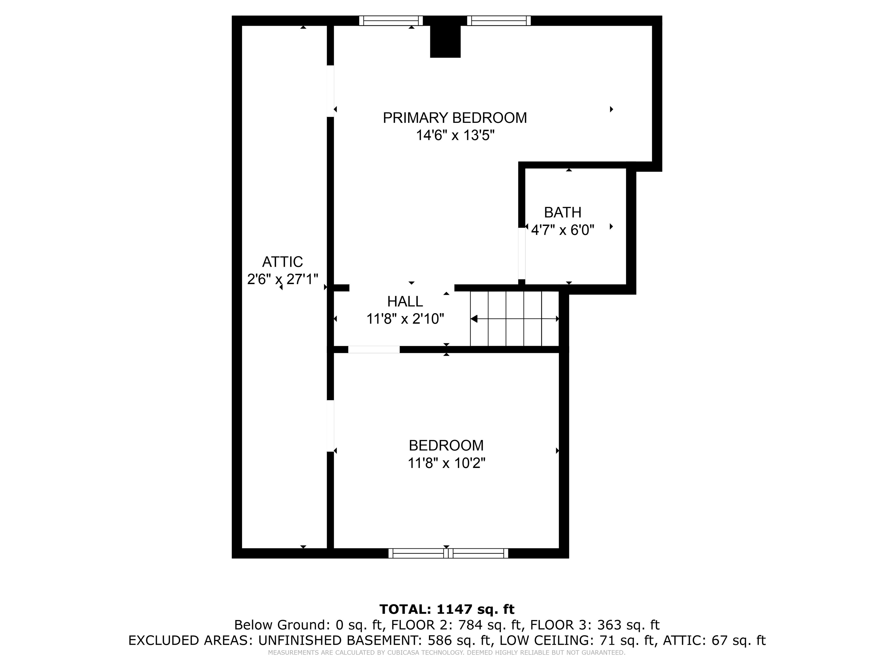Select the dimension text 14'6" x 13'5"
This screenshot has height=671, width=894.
tap(455, 135)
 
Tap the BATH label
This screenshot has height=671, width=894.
tap(563, 212)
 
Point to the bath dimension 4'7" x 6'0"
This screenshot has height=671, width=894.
tap(563, 230)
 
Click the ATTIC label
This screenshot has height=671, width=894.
tap(283, 262)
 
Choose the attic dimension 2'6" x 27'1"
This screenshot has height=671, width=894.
tap(283, 279)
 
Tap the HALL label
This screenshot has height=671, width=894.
tap(405, 302)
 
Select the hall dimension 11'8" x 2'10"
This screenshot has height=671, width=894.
tap(405, 319)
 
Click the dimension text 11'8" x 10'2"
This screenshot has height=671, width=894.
tap(446, 463)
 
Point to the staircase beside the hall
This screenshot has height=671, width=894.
tap(515, 319)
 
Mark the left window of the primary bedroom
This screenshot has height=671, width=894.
tap(391, 21)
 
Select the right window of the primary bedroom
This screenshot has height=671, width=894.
tap(499, 21)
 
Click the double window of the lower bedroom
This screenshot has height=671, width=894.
tap(448, 553)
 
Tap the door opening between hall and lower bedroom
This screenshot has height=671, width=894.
tap(374, 349)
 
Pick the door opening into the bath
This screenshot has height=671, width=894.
tap(522, 254)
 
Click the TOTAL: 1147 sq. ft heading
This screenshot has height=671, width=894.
tap(447, 609)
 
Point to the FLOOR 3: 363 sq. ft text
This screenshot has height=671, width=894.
tap(595, 625)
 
